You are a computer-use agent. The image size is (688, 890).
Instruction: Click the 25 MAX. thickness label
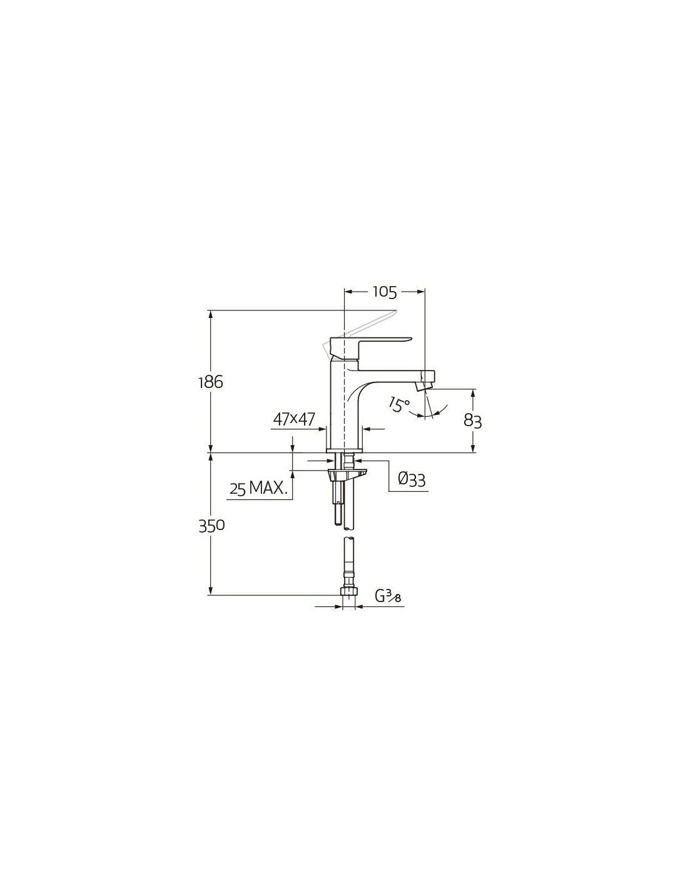point(258,488)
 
